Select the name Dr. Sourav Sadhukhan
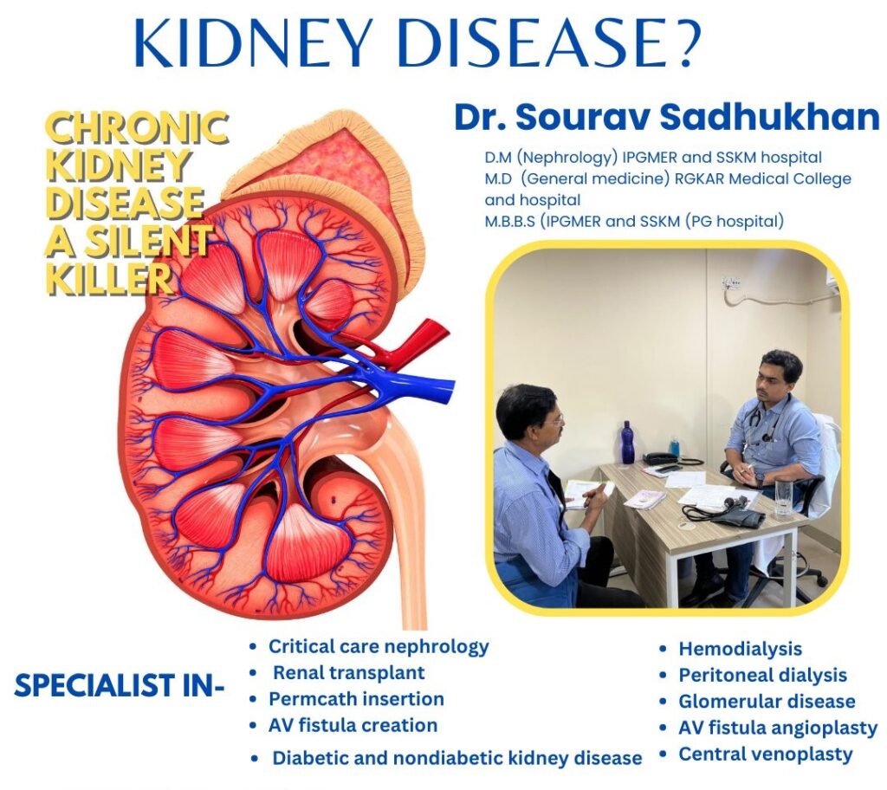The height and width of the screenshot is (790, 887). [x=666, y=119]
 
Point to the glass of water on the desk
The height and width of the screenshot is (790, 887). [x=783, y=497]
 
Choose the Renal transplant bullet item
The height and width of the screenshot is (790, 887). [x=349, y=672]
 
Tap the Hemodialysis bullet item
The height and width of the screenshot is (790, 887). [x=740, y=649]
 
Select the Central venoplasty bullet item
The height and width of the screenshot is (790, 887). [x=765, y=754]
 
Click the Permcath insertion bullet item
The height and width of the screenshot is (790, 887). [x=356, y=698]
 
